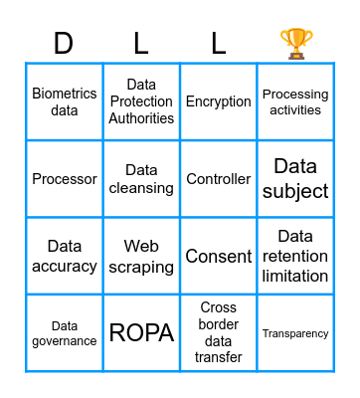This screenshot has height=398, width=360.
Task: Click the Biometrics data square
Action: tap(65, 101)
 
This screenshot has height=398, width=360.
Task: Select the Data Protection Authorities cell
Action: tap(141, 101)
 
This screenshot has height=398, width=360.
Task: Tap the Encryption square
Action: tap(219, 101)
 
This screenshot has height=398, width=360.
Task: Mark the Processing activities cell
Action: tap(295, 101)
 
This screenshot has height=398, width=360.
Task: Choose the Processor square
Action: tap(65, 179)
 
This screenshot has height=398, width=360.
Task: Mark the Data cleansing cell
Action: tap(141, 179)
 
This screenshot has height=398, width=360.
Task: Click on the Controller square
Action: tap(219, 179)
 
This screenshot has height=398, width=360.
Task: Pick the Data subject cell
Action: tap(295, 179)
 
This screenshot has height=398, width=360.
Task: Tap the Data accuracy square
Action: tap(65, 256)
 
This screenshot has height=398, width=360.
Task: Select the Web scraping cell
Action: tap(141, 256)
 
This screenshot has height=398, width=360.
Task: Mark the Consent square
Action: tap(219, 256)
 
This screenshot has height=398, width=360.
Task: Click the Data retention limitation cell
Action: tap(295, 256)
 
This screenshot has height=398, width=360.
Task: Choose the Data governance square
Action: tap(65, 333)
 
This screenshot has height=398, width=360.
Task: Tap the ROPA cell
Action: tap(141, 333)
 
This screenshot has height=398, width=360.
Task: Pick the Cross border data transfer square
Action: tap(219, 333)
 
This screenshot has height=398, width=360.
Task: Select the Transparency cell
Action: tap(295, 333)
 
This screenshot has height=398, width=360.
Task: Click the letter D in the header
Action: tap(64, 43)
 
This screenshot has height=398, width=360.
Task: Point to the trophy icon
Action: tap(295, 43)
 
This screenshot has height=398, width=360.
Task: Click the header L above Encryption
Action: tap(219, 43)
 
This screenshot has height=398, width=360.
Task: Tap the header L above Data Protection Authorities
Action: tap(141, 43)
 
